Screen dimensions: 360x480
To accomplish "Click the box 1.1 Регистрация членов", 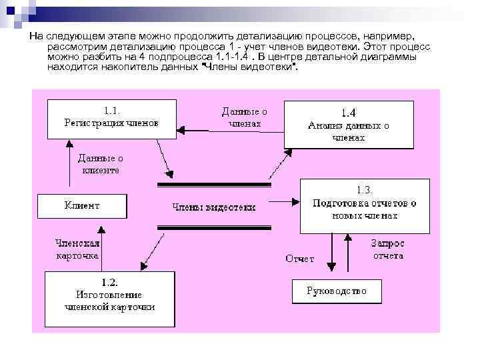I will coord(111,119).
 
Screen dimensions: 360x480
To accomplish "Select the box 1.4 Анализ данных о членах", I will coord(349,125).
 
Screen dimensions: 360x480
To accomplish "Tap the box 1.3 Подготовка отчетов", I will coord(364,205).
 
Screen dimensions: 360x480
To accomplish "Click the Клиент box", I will coord(81,206).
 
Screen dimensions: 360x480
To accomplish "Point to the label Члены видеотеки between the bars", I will coord(213,207).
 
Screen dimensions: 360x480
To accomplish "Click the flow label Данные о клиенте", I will coord(100,164).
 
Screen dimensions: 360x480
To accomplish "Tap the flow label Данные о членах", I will coord(244,118).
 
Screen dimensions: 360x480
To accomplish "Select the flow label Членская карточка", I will coord(77,249).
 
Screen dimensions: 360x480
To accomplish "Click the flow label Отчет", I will coord(299,259).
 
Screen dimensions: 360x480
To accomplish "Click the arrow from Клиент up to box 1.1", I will coord(70,167).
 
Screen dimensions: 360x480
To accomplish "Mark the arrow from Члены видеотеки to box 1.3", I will coord(280,201).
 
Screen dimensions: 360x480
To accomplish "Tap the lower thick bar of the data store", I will coord(213,228).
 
